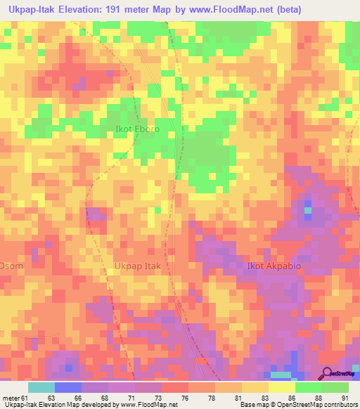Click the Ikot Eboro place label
(x=137, y=129)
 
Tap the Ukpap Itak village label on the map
(x=138, y=267)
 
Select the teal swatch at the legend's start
(x=41, y=387)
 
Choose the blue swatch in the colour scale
(x=68, y=387)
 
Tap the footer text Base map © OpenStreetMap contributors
(x=298, y=404)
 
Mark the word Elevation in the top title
(x=77, y=10)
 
